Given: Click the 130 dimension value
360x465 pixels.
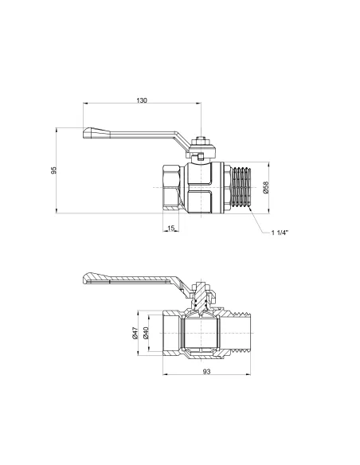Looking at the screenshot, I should tap(142, 100).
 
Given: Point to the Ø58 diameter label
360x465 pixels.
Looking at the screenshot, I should tap(266, 189).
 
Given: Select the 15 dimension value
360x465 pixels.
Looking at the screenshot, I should tap(171, 229).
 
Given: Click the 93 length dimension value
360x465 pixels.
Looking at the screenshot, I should tap(206, 373).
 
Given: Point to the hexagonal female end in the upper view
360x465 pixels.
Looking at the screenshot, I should tap(172, 188).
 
